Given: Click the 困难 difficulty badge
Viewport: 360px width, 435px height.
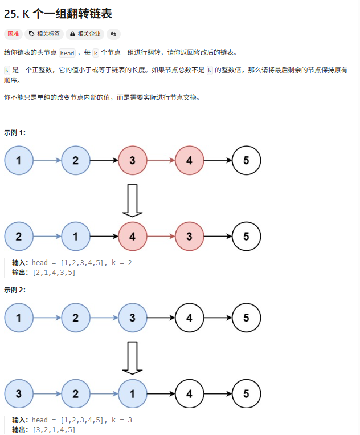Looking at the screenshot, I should click(14, 34).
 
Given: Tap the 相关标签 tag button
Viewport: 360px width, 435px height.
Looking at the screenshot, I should click(44, 34).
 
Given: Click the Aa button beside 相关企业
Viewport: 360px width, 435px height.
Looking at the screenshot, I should click(113, 34).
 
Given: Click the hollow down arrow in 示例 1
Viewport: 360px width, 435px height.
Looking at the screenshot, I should click(132, 200).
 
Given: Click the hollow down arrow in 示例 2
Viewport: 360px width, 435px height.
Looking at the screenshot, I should click(132, 357).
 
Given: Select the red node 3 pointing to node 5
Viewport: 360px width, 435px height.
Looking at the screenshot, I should click(190, 236).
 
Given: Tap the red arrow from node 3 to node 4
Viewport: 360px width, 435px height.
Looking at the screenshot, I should click(161, 160).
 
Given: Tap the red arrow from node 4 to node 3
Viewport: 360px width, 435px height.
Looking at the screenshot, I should click(161, 236).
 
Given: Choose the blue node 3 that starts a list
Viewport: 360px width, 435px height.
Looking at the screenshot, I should click(19, 393).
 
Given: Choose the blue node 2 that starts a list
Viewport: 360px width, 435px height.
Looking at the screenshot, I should click(19, 236).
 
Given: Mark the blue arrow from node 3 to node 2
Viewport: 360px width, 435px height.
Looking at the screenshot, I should click(47, 393).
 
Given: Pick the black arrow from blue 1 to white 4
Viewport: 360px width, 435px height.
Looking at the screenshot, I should click(161, 393).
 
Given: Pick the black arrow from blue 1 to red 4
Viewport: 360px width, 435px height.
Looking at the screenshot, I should click(104, 236).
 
